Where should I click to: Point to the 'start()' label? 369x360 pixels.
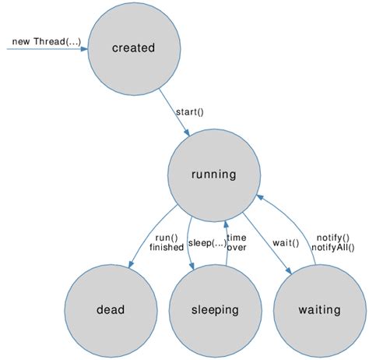pyautogui.click(x=189, y=111)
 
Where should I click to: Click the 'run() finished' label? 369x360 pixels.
pyautogui.click(x=166, y=242)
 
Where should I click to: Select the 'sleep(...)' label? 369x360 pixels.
pyautogui.click(x=206, y=242)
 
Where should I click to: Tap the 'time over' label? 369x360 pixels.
pyautogui.click(x=237, y=242)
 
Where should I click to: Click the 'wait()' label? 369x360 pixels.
pyautogui.click(x=286, y=242)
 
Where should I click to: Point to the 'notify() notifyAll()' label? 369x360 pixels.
pyautogui.click(x=332, y=242)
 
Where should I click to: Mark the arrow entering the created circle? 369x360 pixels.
pyautogui.click(x=47, y=49)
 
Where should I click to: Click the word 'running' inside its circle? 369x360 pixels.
pyautogui.click(x=213, y=175)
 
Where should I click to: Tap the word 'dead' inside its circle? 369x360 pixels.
pyautogui.click(x=111, y=309)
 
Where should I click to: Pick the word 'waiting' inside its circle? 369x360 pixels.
pyautogui.click(x=319, y=309)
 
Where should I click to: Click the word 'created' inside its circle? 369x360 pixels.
pyautogui.click(x=133, y=48)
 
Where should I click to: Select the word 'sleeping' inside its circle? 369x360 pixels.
pyautogui.click(x=215, y=309)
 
